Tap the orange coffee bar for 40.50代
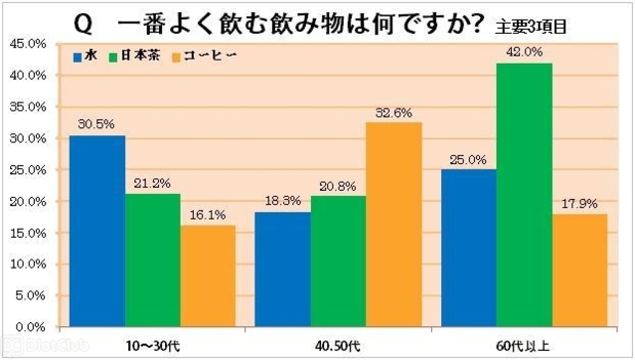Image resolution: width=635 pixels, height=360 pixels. point(394,225)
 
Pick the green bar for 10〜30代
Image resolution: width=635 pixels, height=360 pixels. point(152,260)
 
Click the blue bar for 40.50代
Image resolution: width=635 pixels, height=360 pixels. point(282,269)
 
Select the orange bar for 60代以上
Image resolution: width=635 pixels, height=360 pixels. point(579,270)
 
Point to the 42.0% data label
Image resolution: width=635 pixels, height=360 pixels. point(525,52)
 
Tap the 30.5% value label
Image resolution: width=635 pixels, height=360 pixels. point(96,125)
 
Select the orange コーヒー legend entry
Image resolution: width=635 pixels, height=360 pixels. point(202,56)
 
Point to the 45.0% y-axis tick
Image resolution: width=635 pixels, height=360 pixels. point(27,44)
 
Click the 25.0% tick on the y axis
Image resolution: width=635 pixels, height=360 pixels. point(27,170)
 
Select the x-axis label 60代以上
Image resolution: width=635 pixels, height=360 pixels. point(525,344)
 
